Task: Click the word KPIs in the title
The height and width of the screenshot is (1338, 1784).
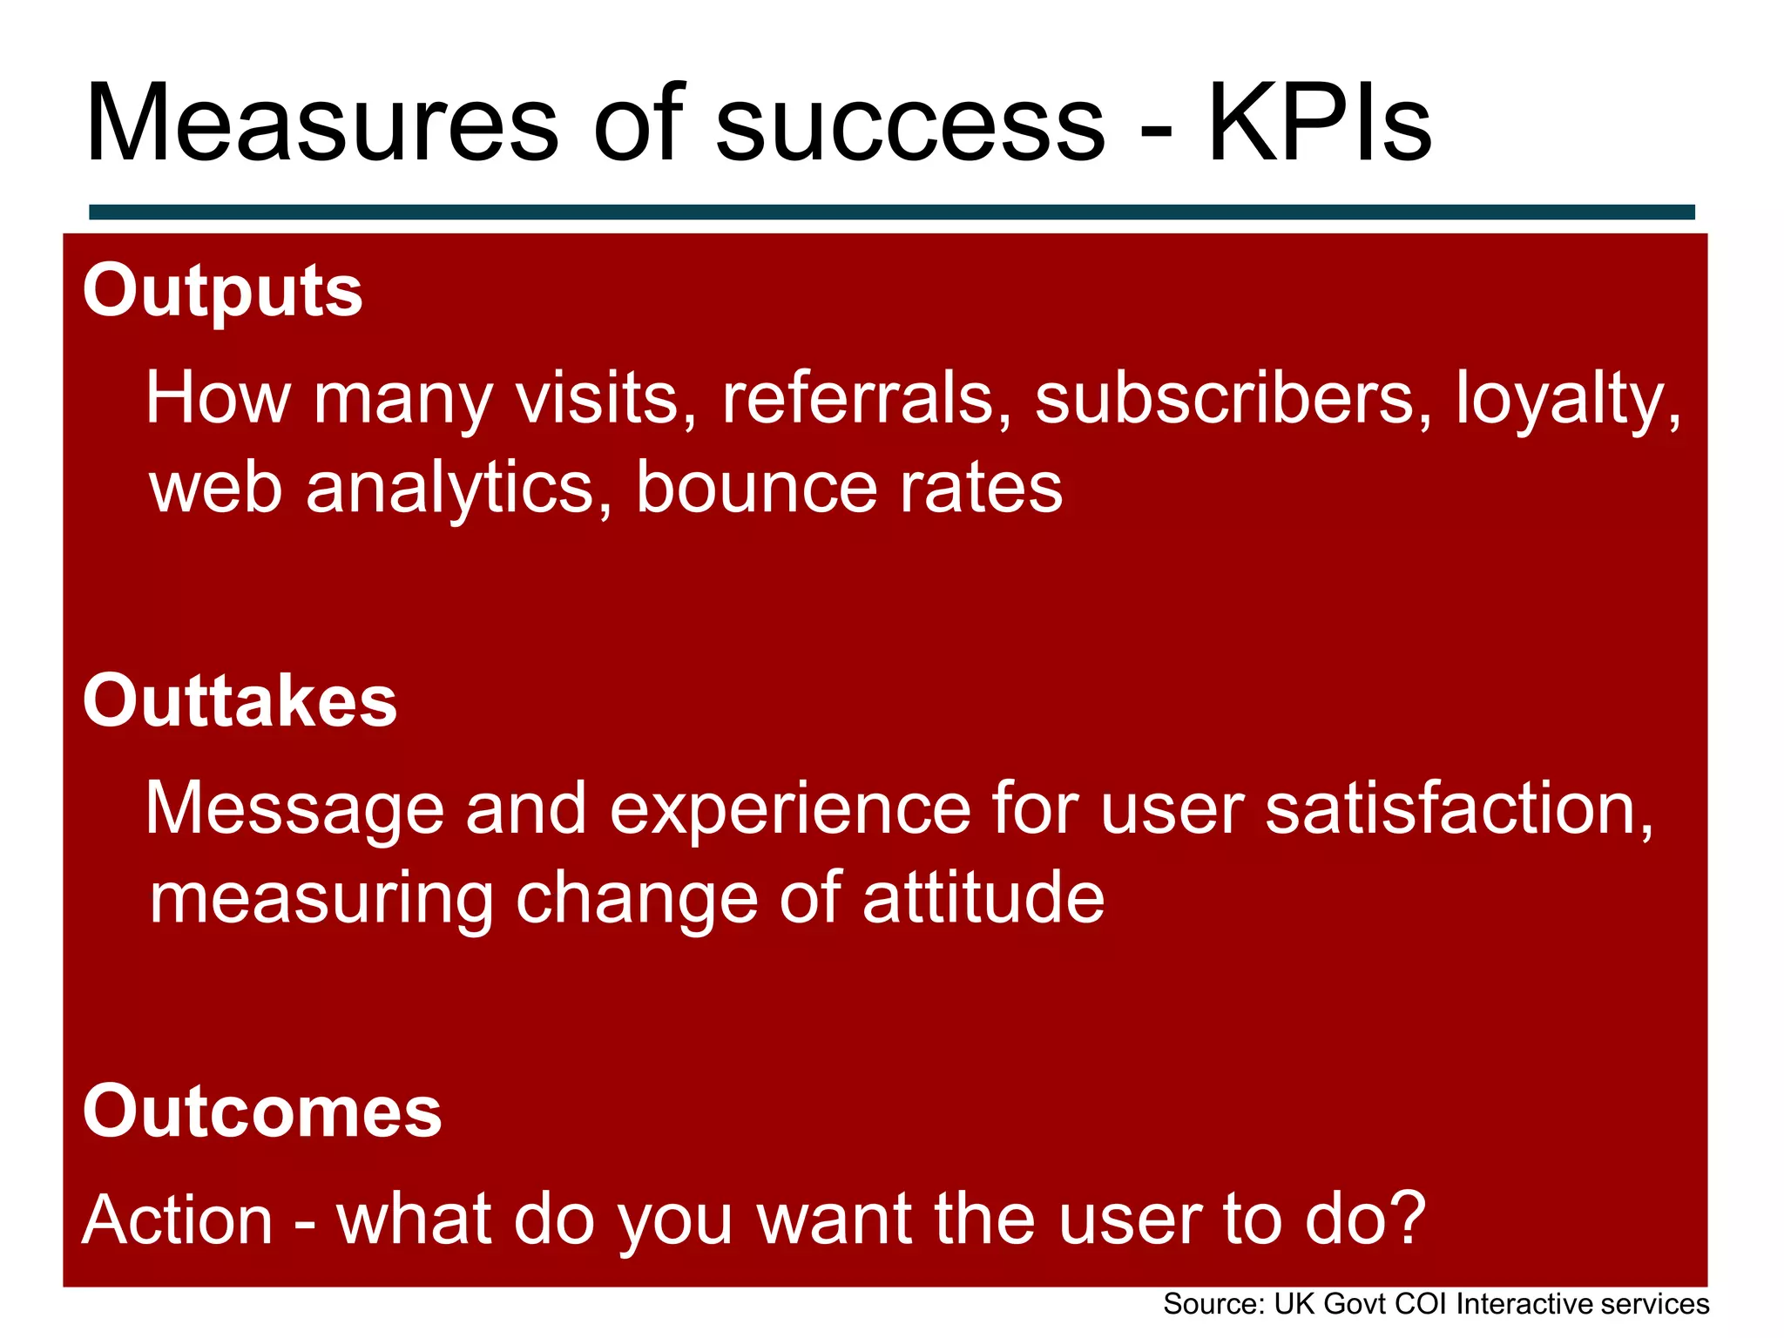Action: click(1319, 124)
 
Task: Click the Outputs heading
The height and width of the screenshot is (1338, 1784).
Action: click(222, 292)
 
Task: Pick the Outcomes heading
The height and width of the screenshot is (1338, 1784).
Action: click(262, 1112)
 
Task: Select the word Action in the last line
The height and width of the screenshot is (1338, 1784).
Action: click(178, 1220)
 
